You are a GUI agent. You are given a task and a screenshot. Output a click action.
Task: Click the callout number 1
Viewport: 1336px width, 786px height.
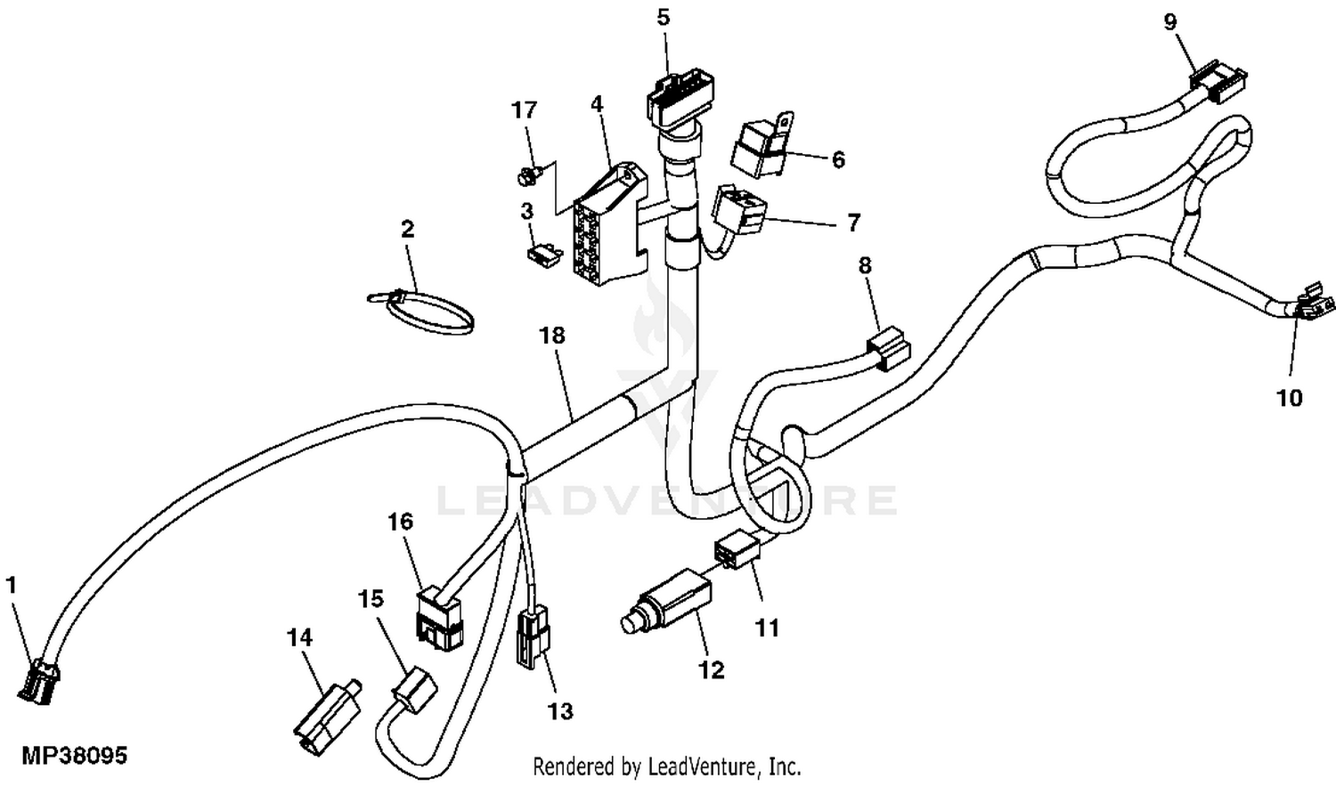coord(12,585)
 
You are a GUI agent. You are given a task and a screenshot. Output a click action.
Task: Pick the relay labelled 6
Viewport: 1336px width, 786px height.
coord(758,145)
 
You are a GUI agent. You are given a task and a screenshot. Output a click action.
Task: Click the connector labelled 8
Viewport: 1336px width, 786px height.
coord(886,347)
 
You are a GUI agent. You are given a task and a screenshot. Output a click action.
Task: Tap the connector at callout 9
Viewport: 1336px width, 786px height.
coord(1218,83)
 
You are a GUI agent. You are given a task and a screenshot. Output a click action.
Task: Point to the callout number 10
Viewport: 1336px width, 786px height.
coord(1290,398)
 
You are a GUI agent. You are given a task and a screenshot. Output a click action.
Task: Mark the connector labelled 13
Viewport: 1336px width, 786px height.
coord(533,636)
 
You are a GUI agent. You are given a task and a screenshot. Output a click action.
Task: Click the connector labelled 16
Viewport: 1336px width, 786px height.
coord(439,617)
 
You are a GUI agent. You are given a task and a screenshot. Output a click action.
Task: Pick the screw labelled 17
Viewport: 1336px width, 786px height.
coord(527,176)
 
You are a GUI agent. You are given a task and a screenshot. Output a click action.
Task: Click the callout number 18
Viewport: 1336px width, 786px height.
coord(552,336)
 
